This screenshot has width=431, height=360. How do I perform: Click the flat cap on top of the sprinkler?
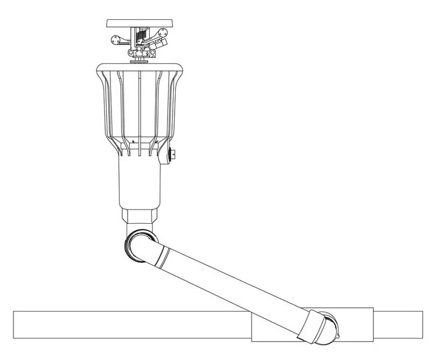pyautogui.click(x=140, y=23)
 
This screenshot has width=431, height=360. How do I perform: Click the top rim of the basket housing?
pyautogui.click(x=140, y=66)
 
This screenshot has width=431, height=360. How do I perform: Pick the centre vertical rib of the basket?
pyautogui.click(x=140, y=108)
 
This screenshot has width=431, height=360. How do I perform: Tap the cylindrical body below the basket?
pyautogui.click(x=140, y=183)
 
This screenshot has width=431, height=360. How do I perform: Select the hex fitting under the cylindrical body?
pyautogui.click(x=140, y=218)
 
